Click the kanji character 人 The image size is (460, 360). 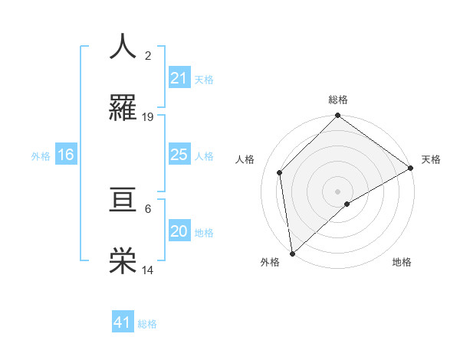coord(123,47)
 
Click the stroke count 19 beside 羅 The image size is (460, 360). coord(148,116)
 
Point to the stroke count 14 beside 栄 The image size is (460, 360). coord(148,270)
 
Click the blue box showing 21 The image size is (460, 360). coord(179,78)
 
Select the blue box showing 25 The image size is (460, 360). coord(179,155)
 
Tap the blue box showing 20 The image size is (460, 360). coord(179,231)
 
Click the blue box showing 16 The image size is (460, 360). coord(66,155)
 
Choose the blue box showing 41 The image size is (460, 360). coord(123,322)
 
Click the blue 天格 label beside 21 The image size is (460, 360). coord(204,79)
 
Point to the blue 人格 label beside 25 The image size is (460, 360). coord(204,155)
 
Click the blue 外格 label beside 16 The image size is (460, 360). coord(41,155)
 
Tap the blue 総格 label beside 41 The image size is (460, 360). coord(147,323)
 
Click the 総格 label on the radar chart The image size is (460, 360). coord(338,100)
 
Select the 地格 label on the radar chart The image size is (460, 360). coord(402,262)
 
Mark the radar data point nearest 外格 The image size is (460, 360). coord(292,254)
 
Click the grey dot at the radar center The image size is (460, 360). coord(338,191)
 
